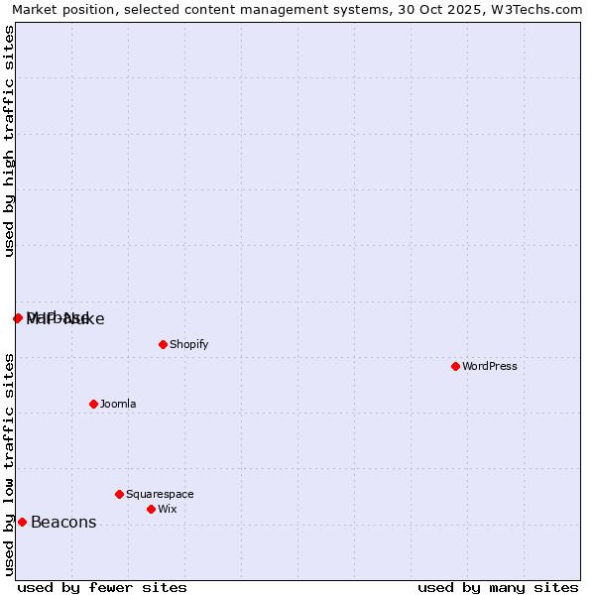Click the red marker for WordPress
455,367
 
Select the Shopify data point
164,345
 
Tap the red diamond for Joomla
94,404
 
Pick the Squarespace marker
119,494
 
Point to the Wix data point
151,509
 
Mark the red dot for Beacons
22,523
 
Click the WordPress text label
490,367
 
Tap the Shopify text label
188,345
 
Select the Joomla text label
118,405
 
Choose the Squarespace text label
160,495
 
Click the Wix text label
168,510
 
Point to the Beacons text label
63,523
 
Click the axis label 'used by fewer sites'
102,588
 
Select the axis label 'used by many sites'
498,588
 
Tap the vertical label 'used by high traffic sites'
10,141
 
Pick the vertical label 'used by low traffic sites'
10,464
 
